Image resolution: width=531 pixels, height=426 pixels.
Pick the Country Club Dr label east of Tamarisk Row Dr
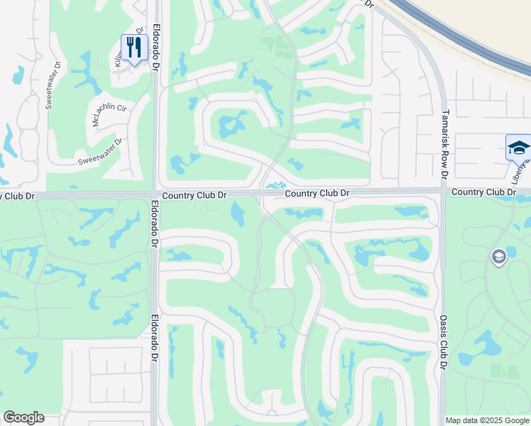tap(483, 192)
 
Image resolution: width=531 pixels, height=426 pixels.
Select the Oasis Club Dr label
tap(442, 342)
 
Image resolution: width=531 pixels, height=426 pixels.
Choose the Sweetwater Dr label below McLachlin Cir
tap(100, 151)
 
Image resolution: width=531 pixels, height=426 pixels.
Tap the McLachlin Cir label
tap(109, 116)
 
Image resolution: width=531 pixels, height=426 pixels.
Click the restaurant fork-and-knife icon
tap(133, 48)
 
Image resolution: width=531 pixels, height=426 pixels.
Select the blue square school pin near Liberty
tap(518, 147)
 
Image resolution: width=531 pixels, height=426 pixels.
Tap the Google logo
tap(23, 418)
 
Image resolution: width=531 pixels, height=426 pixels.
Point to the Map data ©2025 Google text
tap(487, 420)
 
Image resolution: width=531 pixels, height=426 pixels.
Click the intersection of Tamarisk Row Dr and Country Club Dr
tap(443, 191)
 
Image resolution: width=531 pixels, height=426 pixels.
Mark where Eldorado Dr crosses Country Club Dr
tap(155, 194)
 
